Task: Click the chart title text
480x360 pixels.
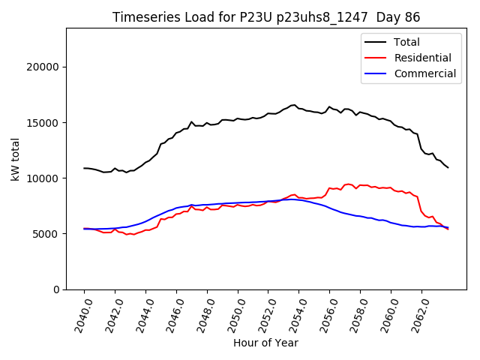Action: pyautogui.click(x=266, y=17)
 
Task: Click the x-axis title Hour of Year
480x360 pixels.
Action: pyautogui.click(x=265, y=343)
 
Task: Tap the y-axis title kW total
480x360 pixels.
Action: pyautogui.click(x=15, y=158)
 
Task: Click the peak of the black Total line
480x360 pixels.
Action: pyautogui.click(x=294, y=105)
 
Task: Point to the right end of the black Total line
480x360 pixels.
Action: pyautogui.click(x=448, y=167)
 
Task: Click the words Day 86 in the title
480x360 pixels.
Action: pyautogui.click(x=400, y=17)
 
